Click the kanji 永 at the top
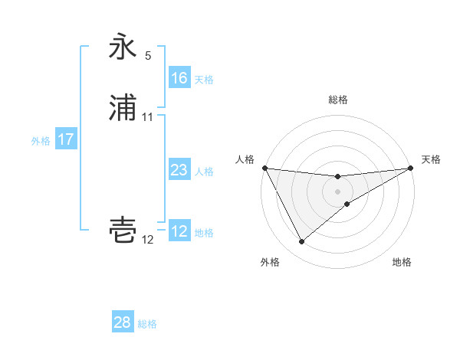coord(123,48)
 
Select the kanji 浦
coord(123,110)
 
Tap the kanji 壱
coord(123,231)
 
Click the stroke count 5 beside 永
coord(148,56)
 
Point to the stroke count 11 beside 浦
coord(148,117)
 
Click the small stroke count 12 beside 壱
coord(148,240)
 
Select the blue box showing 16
coord(179,78)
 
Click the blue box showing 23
coord(179,170)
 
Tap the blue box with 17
coord(66,139)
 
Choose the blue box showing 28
coord(123,322)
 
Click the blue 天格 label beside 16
coord(204,80)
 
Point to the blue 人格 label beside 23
coord(204,172)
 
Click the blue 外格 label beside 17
coord(41,141)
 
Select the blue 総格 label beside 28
coord(148,324)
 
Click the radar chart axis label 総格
coord(338,100)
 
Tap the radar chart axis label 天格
coord(432,159)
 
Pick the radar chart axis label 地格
coord(402,263)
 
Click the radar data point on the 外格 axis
coord(301,242)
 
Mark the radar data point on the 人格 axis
coord(264,168)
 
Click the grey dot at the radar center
coord(338,191)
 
